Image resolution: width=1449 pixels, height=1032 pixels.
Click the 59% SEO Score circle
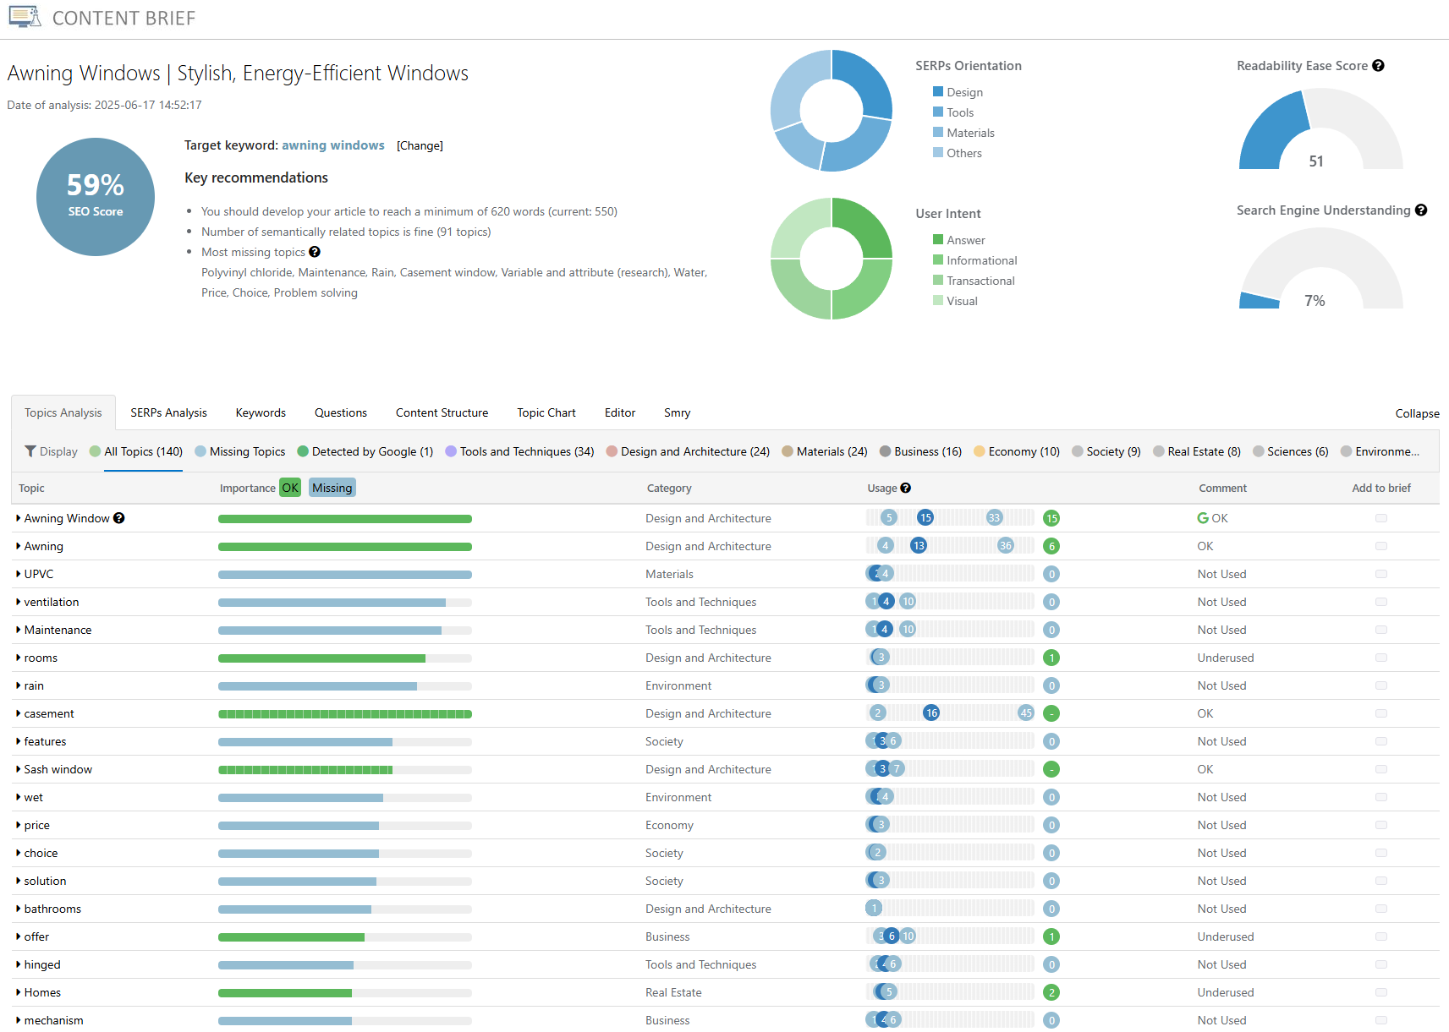tap(96, 197)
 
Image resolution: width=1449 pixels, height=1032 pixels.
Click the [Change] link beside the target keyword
tap(420, 145)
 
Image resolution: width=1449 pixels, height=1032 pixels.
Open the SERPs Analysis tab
tap(168, 412)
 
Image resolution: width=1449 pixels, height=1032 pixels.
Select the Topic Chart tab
tap(546, 412)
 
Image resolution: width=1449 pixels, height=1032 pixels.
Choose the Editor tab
tap(619, 412)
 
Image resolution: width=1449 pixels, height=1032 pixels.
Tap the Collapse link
tap(1417, 413)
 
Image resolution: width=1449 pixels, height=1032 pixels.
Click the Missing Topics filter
tap(246, 451)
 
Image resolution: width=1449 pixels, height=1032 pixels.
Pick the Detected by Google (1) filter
tap(371, 451)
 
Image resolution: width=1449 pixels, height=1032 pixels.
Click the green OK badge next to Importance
tap(290, 488)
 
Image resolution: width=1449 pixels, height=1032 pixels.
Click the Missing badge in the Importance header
tap(332, 488)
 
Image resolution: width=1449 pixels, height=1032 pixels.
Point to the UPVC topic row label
tap(38, 574)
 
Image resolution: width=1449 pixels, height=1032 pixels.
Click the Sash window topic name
tap(58, 769)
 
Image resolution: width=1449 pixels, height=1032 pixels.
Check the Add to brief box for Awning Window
tap(1380, 518)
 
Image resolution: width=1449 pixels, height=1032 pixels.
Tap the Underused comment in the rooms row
tap(1225, 658)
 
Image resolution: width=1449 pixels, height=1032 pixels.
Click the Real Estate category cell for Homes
tap(673, 992)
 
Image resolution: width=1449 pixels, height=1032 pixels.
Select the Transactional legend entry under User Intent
tap(980, 281)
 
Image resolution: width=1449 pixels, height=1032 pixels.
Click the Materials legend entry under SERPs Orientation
tap(969, 133)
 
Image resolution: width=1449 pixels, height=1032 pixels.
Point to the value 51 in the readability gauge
tap(1315, 161)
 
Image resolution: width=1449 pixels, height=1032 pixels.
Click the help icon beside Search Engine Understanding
tap(1421, 210)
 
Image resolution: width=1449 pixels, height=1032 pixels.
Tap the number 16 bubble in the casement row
tap(931, 713)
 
